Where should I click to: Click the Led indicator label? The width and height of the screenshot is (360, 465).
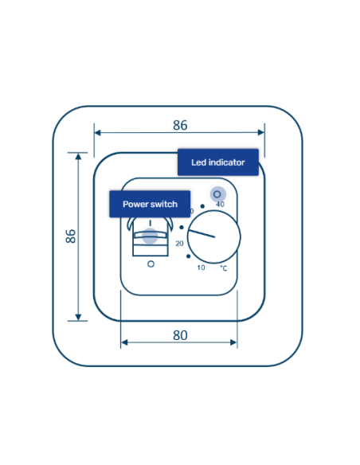click(x=217, y=162)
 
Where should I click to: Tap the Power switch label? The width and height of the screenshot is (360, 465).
click(x=150, y=204)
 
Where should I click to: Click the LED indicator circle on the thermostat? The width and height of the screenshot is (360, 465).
click(x=217, y=193)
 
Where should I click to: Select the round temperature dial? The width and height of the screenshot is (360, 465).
click(x=213, y=236)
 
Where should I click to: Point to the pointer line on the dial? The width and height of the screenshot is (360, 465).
click(x=201, y=232)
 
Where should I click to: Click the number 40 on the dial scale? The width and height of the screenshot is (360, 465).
click(x=220, y=205)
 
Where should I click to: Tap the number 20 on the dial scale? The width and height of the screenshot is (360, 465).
click(x=179, y=243)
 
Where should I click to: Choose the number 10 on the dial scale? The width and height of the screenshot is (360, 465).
click(x=201, y=268)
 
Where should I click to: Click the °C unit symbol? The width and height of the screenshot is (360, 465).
click(x=224, y=268)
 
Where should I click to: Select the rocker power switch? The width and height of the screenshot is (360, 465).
click(x=151, y=237)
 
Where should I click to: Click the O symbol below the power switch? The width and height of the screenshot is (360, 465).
click(x=151, y=264)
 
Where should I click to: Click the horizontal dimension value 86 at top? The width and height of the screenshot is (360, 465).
click(x=180, y=125)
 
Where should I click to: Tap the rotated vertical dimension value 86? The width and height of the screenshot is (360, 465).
click(x=71, y=236)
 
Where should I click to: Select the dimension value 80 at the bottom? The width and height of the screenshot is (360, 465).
click(x=180, y=335)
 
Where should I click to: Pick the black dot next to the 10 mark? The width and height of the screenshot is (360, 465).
click(x=188, y=256)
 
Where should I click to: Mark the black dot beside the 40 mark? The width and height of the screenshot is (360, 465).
click(x=202, y=205)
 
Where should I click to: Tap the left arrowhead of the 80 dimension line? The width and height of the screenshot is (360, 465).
click(x=124, y=343)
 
